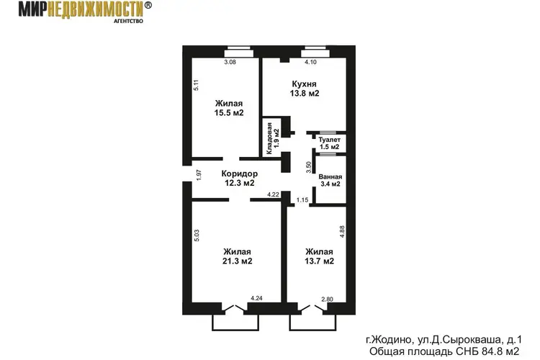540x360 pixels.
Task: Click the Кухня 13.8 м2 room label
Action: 305,89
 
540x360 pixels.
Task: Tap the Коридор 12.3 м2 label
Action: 239,178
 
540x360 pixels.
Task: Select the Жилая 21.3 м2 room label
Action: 237,256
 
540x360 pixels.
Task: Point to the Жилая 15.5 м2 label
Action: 229,108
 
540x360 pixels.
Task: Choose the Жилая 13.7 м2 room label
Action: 319,256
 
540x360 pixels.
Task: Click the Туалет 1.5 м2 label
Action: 330,143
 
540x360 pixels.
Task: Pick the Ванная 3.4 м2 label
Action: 330,180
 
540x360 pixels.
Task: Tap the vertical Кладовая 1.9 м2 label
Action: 272,138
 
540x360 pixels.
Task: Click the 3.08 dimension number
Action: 230,62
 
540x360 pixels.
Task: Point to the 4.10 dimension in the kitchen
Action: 310,62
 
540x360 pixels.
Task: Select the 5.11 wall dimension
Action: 196,85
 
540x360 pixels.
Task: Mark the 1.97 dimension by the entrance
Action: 199,175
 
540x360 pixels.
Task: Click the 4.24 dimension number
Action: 256,298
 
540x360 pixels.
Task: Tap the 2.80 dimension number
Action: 327,300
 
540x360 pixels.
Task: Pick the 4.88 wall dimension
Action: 342,232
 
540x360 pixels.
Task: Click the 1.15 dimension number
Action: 302,200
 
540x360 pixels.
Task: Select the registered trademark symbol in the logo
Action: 148,5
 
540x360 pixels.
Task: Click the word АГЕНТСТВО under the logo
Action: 128,21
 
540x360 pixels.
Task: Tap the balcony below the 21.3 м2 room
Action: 235,323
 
